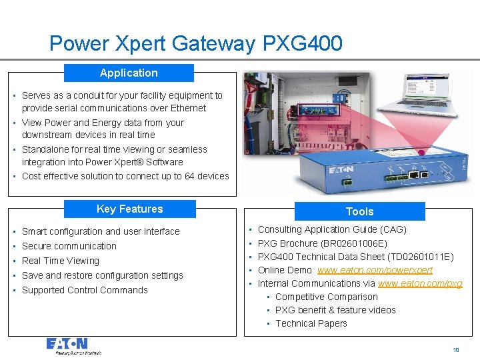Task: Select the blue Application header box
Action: [x=129, y=73]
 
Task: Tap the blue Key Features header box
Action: [x=129, y=209]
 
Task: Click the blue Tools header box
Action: [x=359, y=211]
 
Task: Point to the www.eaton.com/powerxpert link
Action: [x=375, y=270]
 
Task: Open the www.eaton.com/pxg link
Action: [x=420, y=283]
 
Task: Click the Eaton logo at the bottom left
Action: [x=67, y=345]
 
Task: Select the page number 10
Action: [x=456, y=350]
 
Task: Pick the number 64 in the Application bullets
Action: [x=183, y=176]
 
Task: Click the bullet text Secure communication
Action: [x=69, y=246]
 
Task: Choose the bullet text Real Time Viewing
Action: [x=61, y=261]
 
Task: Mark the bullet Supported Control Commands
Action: [x=85, y=290]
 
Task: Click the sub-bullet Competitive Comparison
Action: [x=326, y=297]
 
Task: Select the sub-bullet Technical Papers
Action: [x=311, y=323]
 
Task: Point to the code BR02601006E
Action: [x=353, y=243]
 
